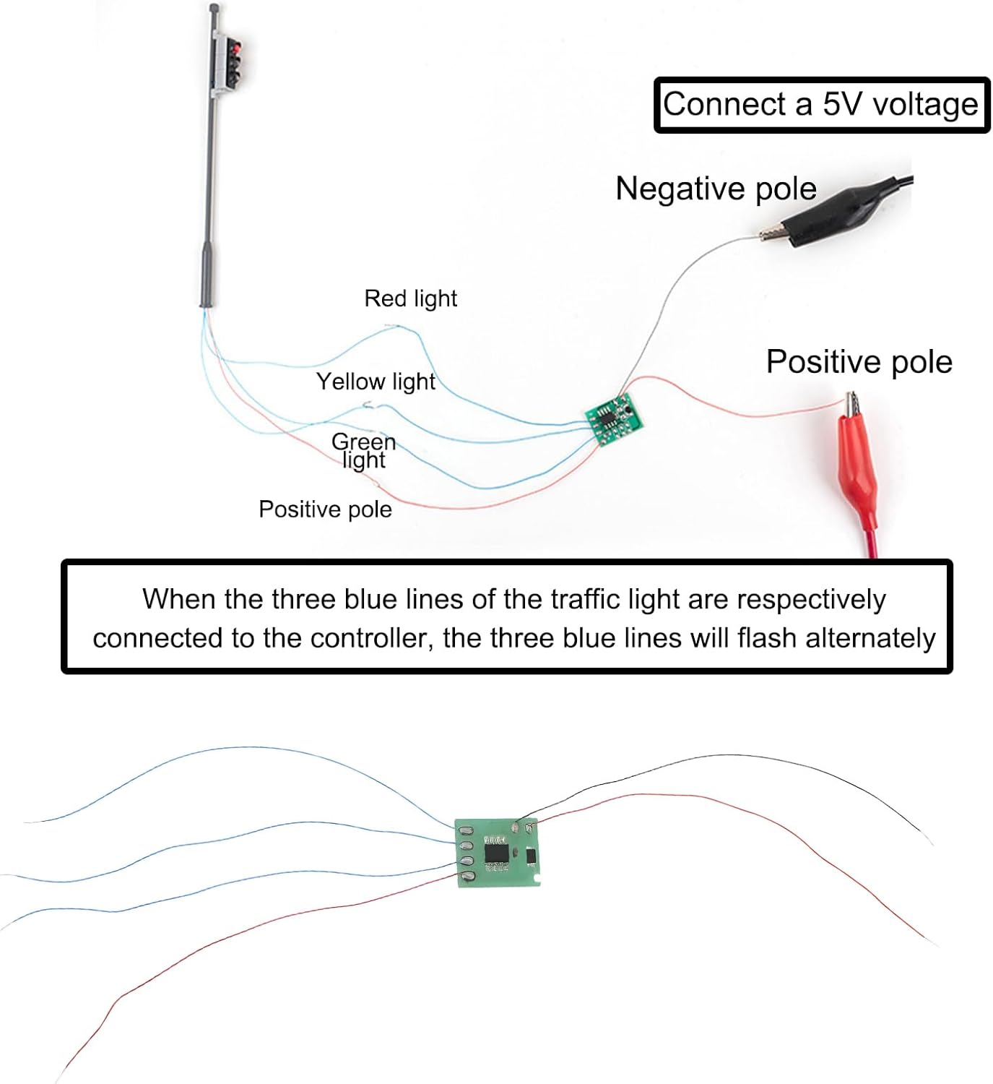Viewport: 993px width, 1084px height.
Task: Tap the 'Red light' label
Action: (x=410, y=298)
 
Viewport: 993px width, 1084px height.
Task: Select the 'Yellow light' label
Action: (x=376, y=382)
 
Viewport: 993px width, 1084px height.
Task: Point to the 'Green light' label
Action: (x=364, y=451)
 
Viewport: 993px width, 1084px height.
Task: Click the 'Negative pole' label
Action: (x=716, y=189)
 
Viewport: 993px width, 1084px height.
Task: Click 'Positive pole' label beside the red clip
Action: (x=859, y=361)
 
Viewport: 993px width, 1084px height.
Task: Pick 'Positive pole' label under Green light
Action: (x=325, y=509)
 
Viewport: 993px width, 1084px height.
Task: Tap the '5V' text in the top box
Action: (x=841, y=105)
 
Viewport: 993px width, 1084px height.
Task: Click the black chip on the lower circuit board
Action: (x=497, y=853)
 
